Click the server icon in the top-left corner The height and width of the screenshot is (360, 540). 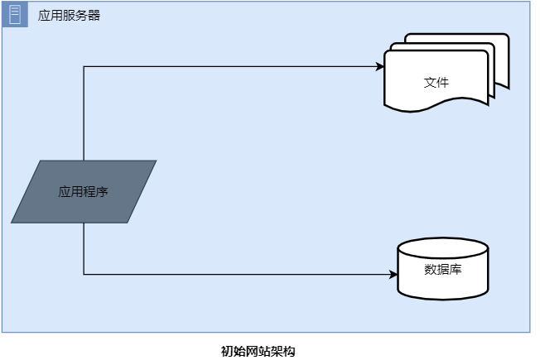(14, 14)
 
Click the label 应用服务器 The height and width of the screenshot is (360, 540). (70, 15)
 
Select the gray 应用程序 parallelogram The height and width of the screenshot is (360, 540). (84, 191)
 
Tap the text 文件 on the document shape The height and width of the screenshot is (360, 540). (436, 83)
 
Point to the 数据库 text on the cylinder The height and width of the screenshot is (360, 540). (442, 269)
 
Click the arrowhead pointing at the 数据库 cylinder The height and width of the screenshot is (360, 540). (393, 274)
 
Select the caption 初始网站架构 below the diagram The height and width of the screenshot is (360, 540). (258, 351)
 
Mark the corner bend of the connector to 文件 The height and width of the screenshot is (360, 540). (84, 66)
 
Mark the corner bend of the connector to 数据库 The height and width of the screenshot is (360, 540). (84, 274)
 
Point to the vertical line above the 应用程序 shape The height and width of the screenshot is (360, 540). (84, 116)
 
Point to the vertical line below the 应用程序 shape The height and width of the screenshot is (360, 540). (84, 248)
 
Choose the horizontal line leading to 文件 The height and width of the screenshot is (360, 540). (232, 66)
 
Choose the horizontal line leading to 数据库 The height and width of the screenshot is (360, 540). (240, 274)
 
